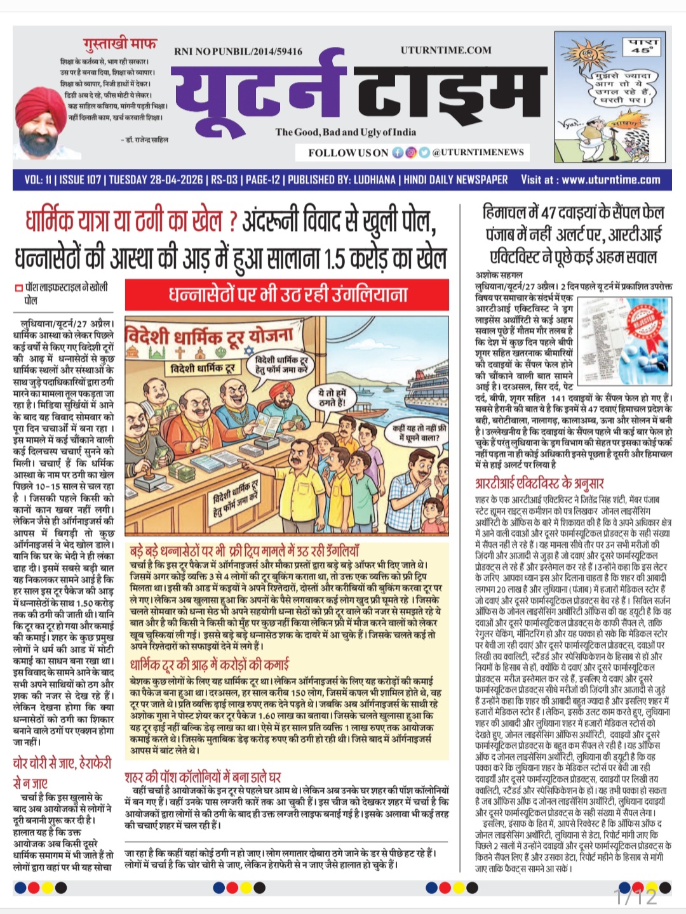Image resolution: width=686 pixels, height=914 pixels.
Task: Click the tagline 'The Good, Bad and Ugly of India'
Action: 346,132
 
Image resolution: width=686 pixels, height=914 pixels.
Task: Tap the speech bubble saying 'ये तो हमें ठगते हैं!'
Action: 333,398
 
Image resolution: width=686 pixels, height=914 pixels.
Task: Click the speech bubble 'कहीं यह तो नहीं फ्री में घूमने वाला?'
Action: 419,433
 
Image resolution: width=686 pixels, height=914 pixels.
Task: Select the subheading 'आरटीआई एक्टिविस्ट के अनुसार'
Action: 539,483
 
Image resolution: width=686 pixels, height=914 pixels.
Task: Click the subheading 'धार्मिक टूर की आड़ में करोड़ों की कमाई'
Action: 210,665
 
